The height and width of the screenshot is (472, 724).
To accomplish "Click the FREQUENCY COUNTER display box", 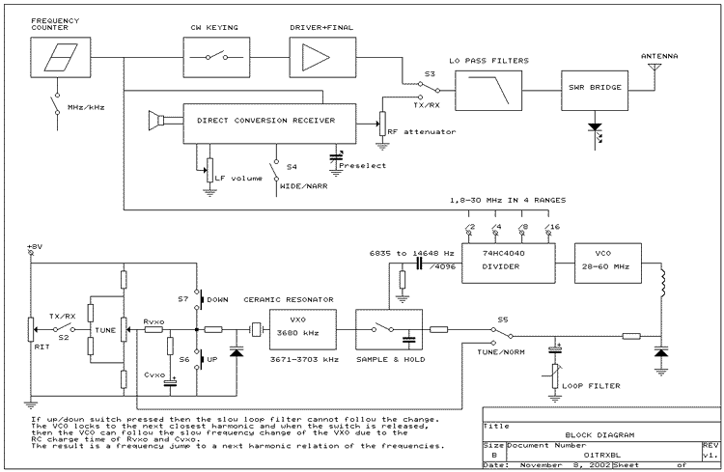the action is pos(61,57).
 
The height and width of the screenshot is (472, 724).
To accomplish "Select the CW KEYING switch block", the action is pos(216,57).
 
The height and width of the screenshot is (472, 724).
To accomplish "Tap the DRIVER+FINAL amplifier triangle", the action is pos(316,57).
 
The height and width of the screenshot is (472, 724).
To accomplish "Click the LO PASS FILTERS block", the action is pos(488,91).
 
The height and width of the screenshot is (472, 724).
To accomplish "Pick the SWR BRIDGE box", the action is pos(595,91).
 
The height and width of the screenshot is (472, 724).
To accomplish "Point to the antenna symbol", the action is pos(654,69).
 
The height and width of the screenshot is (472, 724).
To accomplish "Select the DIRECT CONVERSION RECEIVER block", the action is pos(269,124).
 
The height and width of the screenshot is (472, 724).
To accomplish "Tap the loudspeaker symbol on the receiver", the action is pos(156,121).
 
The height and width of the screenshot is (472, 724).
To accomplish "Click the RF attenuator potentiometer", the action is pos(382,124).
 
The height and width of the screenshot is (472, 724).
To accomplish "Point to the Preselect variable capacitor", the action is pos(336,158).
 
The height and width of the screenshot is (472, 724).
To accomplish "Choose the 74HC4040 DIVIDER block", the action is pos(509,263).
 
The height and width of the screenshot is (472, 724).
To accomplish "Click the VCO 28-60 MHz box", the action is pos(608,263).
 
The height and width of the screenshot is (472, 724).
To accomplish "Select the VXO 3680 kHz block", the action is pos(303,329).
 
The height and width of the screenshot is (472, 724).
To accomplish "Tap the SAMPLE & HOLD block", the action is pos(389,329).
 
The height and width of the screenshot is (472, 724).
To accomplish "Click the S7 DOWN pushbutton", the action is pos(201,299).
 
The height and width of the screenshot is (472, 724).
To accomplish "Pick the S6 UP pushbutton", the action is pos(201,359).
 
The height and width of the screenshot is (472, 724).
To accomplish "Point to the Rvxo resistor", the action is pos(153,330).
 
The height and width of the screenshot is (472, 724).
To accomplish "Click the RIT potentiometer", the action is pos(32,330).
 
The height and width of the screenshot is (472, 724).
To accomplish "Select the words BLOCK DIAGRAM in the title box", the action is pos(599,435).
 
